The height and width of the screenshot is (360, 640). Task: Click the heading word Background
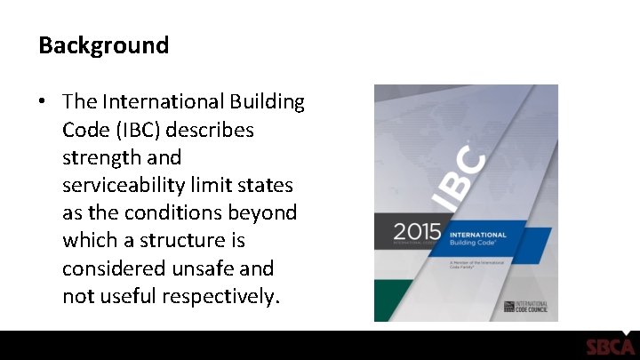103,45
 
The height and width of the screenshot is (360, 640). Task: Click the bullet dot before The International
43,103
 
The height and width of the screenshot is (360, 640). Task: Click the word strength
99,157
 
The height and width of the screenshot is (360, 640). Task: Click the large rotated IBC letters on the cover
460,179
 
